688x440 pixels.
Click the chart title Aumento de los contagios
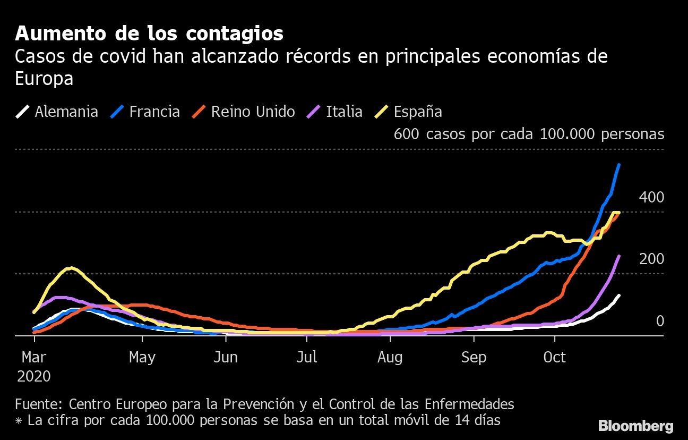tap(149, 33)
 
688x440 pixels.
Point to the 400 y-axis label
tap(651, 198)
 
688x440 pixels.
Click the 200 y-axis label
tap(651, 259)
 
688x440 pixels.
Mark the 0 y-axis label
tap(660, 321)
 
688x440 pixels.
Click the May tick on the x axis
tap(142, 357)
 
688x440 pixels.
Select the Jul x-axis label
tap(307, 357)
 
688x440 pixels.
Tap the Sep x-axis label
tap(474, 357)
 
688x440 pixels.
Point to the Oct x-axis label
tap(555, 357)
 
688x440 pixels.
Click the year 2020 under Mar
tap(34, 376)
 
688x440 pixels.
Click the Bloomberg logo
tap(635, 426)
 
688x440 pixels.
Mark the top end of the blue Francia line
tap(619, 165)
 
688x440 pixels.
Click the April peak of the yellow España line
tap(71, 268)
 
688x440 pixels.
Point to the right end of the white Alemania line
tap(619, 295)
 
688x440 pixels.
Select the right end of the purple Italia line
tap(619, 256)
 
